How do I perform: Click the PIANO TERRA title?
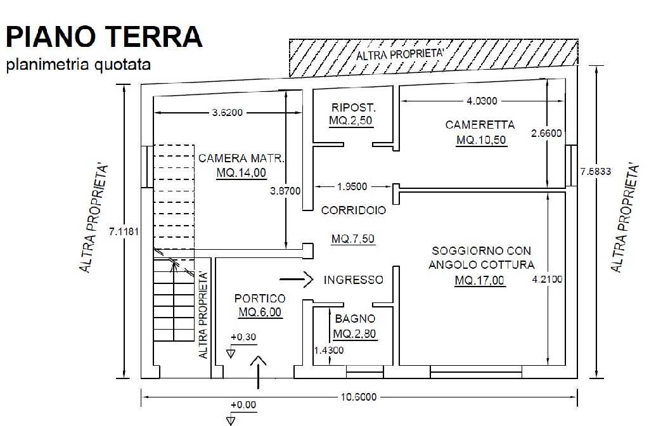click(x=104, y=37)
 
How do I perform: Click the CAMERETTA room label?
click(x=480, y=125)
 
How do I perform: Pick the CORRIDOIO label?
click(x=354, y=210)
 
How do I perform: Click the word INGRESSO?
click(x=353, y=280)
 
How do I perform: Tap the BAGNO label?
click(x=355, y=319)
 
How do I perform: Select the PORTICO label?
click(x=260, y=298)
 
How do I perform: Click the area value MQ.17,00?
click(x=480, y=280)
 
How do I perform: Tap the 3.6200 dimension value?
click(x=228, y=113)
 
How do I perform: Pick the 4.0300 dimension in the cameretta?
click(x=482, y=100)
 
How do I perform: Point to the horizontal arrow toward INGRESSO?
click(x=298, y=278)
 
